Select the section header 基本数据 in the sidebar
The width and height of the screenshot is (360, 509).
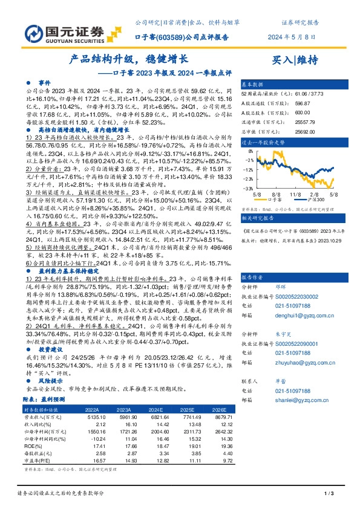pos(252,84)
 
